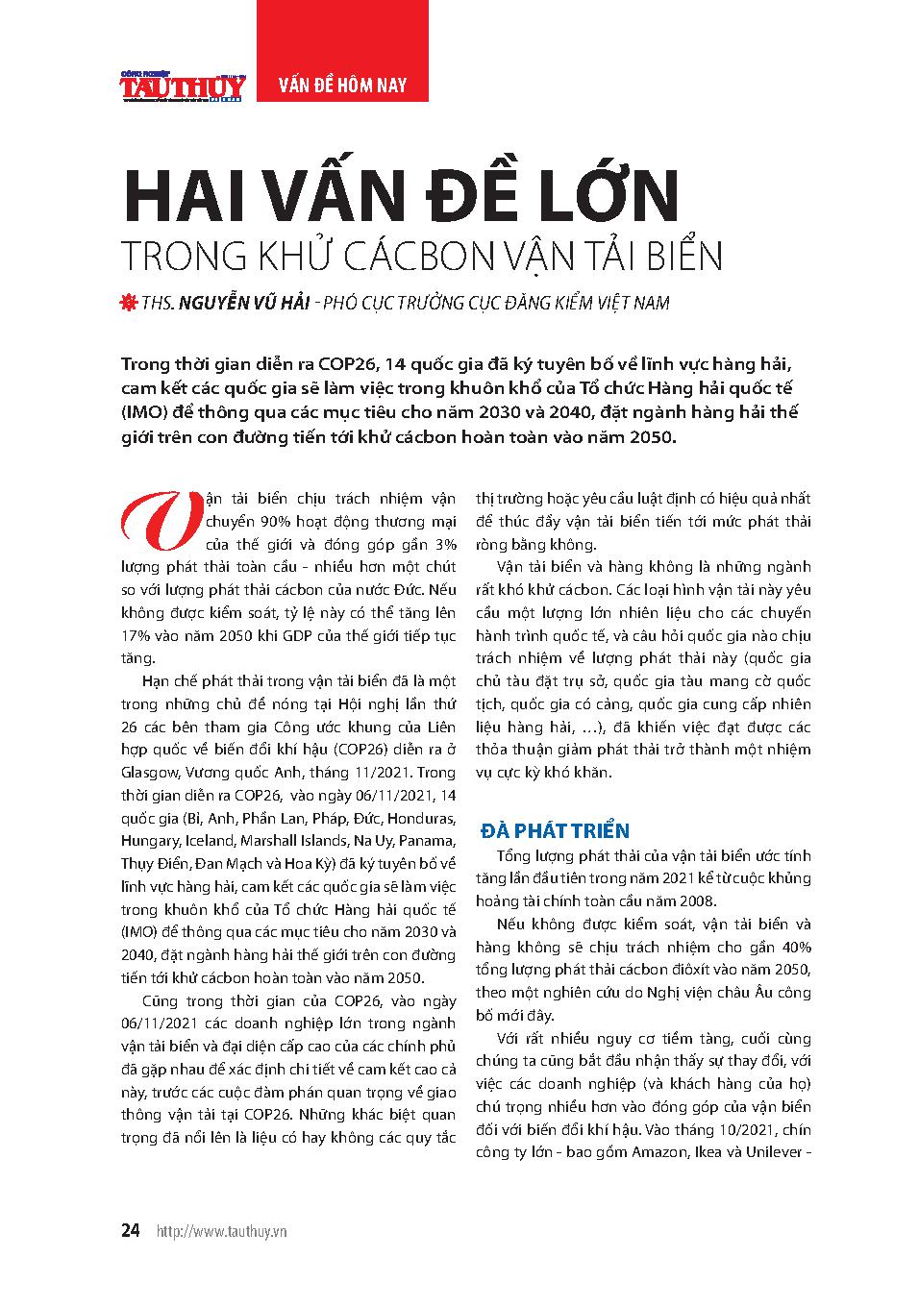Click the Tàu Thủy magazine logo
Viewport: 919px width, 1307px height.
(x=183, y=86)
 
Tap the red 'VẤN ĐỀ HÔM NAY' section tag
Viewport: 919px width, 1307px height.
(x=342, y=86)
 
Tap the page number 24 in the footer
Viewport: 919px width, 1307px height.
(x=131, y=1231)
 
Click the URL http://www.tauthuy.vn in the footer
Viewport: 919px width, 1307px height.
(x=222, y=1232)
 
